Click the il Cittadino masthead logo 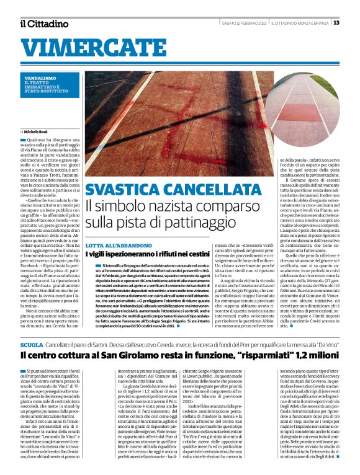click(x=44, y=24)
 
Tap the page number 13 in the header click(x=336, y=23)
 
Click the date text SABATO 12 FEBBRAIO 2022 click(x=245, y=23)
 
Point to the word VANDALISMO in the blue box click(x=38, y=78)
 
